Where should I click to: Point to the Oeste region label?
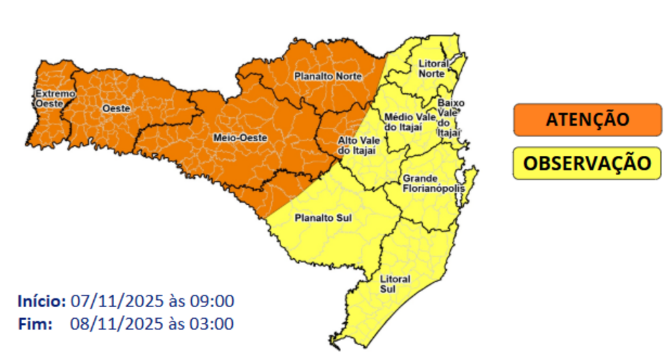pyautogui.click(x=117, y=108)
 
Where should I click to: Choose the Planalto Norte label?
pyautogui.click(x=327, y=76)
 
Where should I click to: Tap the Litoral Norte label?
pyautogui.click(x=433, y=69)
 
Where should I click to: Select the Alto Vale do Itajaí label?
pyautogui.click(x=356, y=145)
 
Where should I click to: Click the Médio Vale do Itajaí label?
pyautogui.click(x=410, y=121)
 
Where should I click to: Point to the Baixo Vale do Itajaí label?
pyautogui.click(x=450, y=117)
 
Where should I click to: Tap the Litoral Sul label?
pyautogui.click(x=395, y=284)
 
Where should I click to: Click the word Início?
pyautogui.click(x=42, y=302)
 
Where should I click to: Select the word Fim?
pyautogui.click(x=35, y=323)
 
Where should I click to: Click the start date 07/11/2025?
pyautogui.click(x=111, y=302)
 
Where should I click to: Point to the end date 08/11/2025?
pyautogui.click(x=111, y=323)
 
